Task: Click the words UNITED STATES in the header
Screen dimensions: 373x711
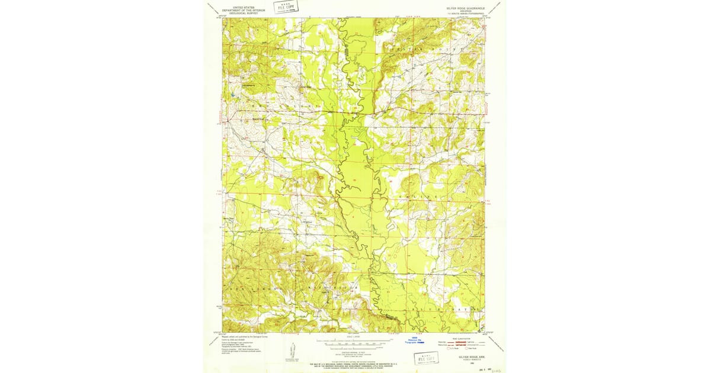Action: pos(239,7)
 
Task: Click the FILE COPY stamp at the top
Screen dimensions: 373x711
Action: pos(286,7)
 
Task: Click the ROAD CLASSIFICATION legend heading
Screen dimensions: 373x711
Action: pos(461,337)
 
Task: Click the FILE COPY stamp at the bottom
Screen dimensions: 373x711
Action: pos(427,358)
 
